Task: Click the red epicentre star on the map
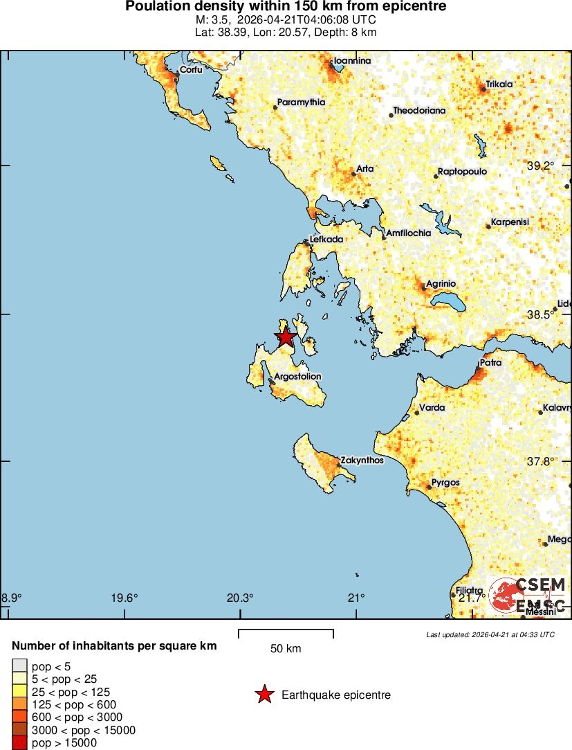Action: coord(285,337)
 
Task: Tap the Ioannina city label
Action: coord(352,61)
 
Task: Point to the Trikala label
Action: coord(499,84)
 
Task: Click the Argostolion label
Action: coord(298,377)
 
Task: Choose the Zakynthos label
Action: coord(361,461)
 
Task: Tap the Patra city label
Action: coord(490,362)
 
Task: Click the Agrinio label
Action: coord(441,284)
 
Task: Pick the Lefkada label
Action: coord(326,240)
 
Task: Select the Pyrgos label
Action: coord(445,483)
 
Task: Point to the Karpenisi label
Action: coord(510,222)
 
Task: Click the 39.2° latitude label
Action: coord(542,166)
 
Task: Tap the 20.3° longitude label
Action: coord(240,598)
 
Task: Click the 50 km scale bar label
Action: coord(286,649)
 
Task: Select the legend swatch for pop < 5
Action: coord(20,667)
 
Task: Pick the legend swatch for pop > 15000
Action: coord(20,743)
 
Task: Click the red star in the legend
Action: coord(264,695)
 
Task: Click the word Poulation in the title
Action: coord(159,7)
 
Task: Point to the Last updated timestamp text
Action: coord(490,634)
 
